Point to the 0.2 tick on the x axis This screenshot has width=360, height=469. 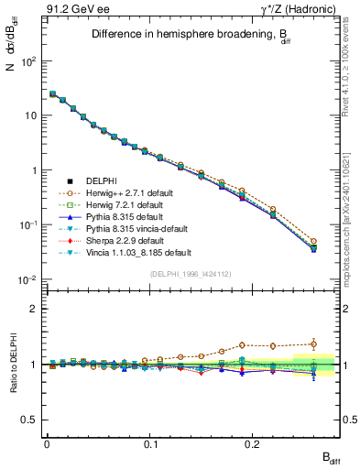point(255,442)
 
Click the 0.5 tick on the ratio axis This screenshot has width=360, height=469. point(29,420)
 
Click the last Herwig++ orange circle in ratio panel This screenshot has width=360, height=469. point(313,344)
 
